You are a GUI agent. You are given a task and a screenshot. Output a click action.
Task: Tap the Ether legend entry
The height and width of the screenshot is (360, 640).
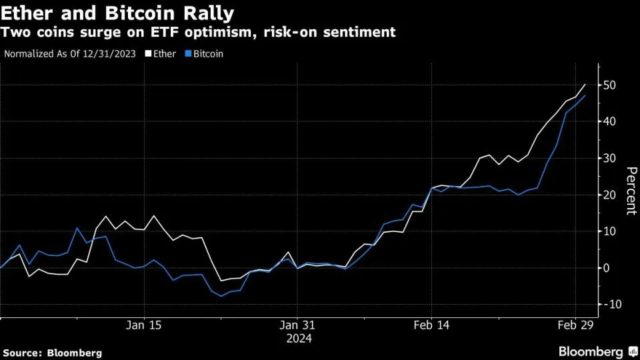[164, 53]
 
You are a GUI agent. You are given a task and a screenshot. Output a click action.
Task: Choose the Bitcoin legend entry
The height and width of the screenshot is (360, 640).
[207, 53]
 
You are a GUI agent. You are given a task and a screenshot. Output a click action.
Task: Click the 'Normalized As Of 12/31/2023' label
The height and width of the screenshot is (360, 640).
[70, 53]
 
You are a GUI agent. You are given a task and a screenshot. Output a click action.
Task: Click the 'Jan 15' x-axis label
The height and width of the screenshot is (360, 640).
[144, 325]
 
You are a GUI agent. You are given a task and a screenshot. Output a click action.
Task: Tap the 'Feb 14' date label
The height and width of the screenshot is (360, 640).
[432, 325]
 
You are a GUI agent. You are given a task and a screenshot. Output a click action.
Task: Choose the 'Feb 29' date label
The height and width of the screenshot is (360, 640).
[575, 325]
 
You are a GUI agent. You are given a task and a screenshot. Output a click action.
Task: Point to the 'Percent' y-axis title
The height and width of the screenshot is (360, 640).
[629, 191]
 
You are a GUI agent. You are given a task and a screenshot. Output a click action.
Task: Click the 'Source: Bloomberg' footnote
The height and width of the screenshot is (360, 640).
[53, 352]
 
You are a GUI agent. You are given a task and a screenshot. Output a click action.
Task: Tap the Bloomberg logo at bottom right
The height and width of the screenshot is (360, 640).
[597, 351]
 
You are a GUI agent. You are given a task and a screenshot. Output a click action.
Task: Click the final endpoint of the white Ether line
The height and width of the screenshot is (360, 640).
[585, 85]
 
